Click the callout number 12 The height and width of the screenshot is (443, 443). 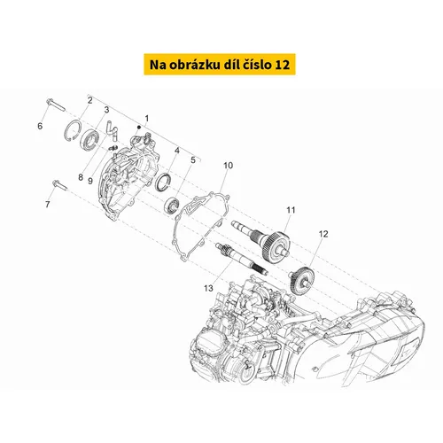click(323, 234)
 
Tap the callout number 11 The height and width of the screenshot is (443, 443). click(291, 210)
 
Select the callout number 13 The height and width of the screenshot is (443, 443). click(208, 288)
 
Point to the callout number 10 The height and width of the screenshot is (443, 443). click(228, 166)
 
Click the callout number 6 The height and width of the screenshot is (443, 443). click(40, 126)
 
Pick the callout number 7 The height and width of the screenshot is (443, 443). click(48, 204)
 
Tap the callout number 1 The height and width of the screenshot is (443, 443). click(147, 119)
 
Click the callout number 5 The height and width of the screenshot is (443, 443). click(193, 160)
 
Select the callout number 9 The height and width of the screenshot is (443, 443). click(90, 181)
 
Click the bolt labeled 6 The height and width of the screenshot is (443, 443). click(56, 105)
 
